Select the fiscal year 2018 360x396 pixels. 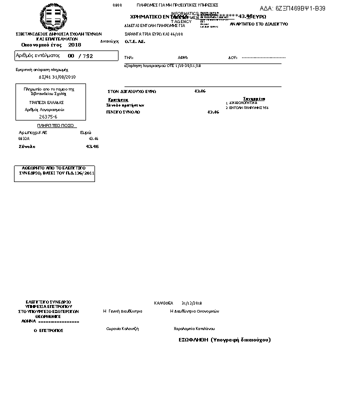74,44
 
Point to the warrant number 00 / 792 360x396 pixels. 80,56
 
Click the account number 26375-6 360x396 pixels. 48,116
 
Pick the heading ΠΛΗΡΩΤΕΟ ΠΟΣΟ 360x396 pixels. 55,125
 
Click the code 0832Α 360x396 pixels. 24,138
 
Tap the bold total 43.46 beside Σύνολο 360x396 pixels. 92,146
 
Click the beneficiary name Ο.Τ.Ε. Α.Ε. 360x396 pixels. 135,41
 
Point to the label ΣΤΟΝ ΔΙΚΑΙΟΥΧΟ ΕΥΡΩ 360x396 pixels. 132,91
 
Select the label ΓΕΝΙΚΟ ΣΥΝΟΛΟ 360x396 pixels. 123,112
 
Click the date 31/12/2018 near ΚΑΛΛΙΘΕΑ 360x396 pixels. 191,303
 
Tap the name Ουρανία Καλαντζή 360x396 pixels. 122,328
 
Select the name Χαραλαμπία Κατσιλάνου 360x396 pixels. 194,328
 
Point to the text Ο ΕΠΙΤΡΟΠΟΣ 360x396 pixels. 48,330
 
